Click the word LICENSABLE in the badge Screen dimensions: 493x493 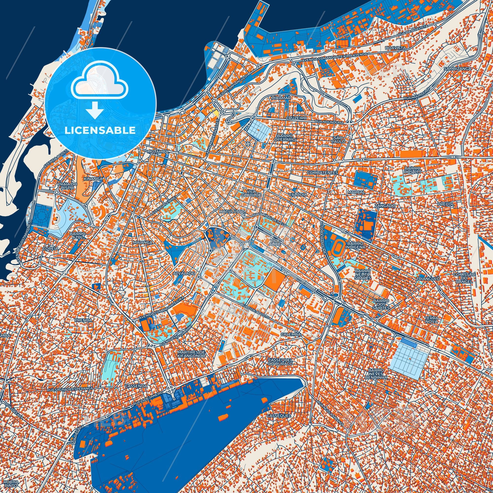click(x=100, y=130)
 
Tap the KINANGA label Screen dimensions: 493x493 click(x=93, y=179)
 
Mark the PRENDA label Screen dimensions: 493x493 click(x=83, y=320)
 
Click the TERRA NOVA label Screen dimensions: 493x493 click(x=431, y=320)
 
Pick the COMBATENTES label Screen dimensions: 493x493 click(x=322, y=173)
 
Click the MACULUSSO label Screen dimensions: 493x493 click(x=232, y=212)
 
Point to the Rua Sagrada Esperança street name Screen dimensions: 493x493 click(x=70, y=389)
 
